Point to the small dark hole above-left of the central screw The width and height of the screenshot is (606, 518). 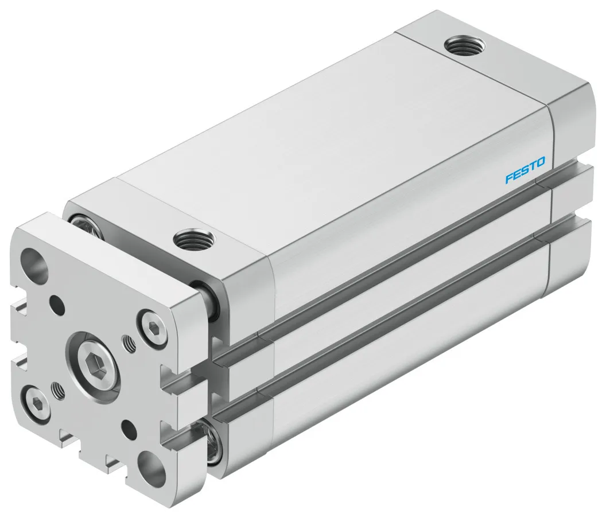tap(56, 302)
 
